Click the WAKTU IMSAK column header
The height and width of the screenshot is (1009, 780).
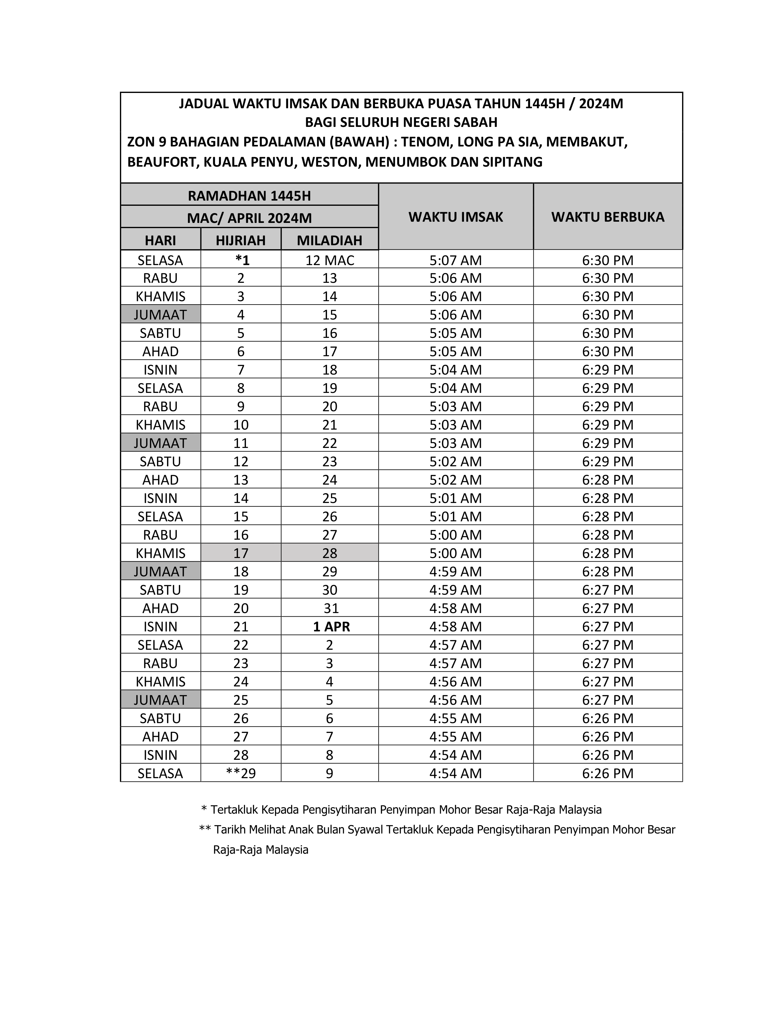pyautogui.click(x=456, y=217)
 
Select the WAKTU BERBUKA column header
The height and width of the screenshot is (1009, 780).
pyautogui.click(x=608, y=217)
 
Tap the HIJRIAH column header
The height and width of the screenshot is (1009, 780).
pyautogui.click(x=241, y=240)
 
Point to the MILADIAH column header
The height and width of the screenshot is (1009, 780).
pyautogui.click(x=329, y=240)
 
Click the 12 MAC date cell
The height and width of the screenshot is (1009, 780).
pyautogui.click(x=329, y=260)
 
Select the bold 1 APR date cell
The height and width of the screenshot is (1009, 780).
pyautogui.click(x=331, y=626)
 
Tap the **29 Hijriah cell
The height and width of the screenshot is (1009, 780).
pyautogui.click(x=241, y=773)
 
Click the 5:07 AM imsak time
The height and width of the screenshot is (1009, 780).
pyautogui.click(x=456, y=260)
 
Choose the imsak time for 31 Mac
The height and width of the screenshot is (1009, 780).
pyautogui.click(x=456, y=608)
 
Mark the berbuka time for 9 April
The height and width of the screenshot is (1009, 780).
pyautogui.click(x=608, y=773)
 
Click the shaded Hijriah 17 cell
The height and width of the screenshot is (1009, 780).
pyautogui.click(x=241, y=553)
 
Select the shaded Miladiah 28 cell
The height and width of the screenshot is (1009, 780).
pyautogui.click(x=329, y=553)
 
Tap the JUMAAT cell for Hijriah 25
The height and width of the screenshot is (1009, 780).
pyautogui.click(x=160, y=700)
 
